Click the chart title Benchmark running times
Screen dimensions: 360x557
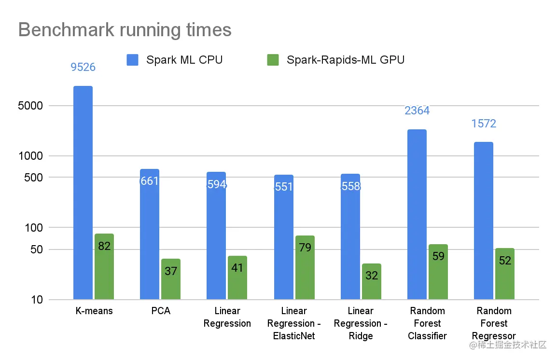[x=125, y=30]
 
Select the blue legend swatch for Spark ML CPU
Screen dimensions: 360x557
[x=132, y=60]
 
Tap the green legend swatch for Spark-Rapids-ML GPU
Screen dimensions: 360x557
[x=273, y=60]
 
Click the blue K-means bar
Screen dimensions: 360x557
[x=83, y=193]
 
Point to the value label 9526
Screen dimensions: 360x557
[x=83, y=67]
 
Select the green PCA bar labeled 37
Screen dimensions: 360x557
[x=171, y=279]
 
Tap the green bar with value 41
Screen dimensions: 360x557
[x=237, y=277]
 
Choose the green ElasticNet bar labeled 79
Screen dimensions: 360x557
[x=305, y=267]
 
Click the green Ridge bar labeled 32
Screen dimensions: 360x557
[x=371, y=281]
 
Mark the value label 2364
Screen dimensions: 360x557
[x=417, y=111]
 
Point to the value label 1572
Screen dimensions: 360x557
[x=484, y=124]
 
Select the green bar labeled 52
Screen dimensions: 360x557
[x=505, y=274]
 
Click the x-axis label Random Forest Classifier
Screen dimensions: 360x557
[x=427, y=323]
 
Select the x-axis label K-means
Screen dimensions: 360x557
[x=94, y=311]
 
